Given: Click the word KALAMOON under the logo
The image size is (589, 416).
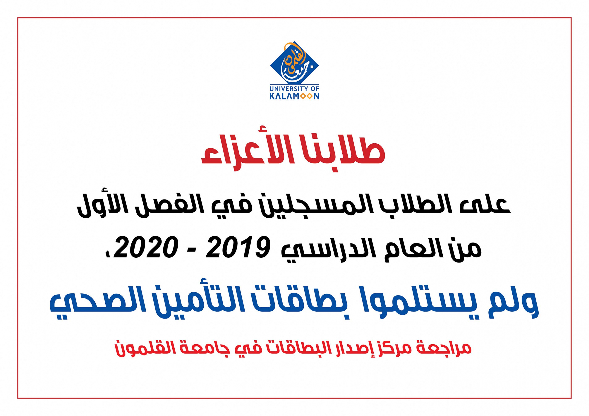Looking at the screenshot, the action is click(294, 96).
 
